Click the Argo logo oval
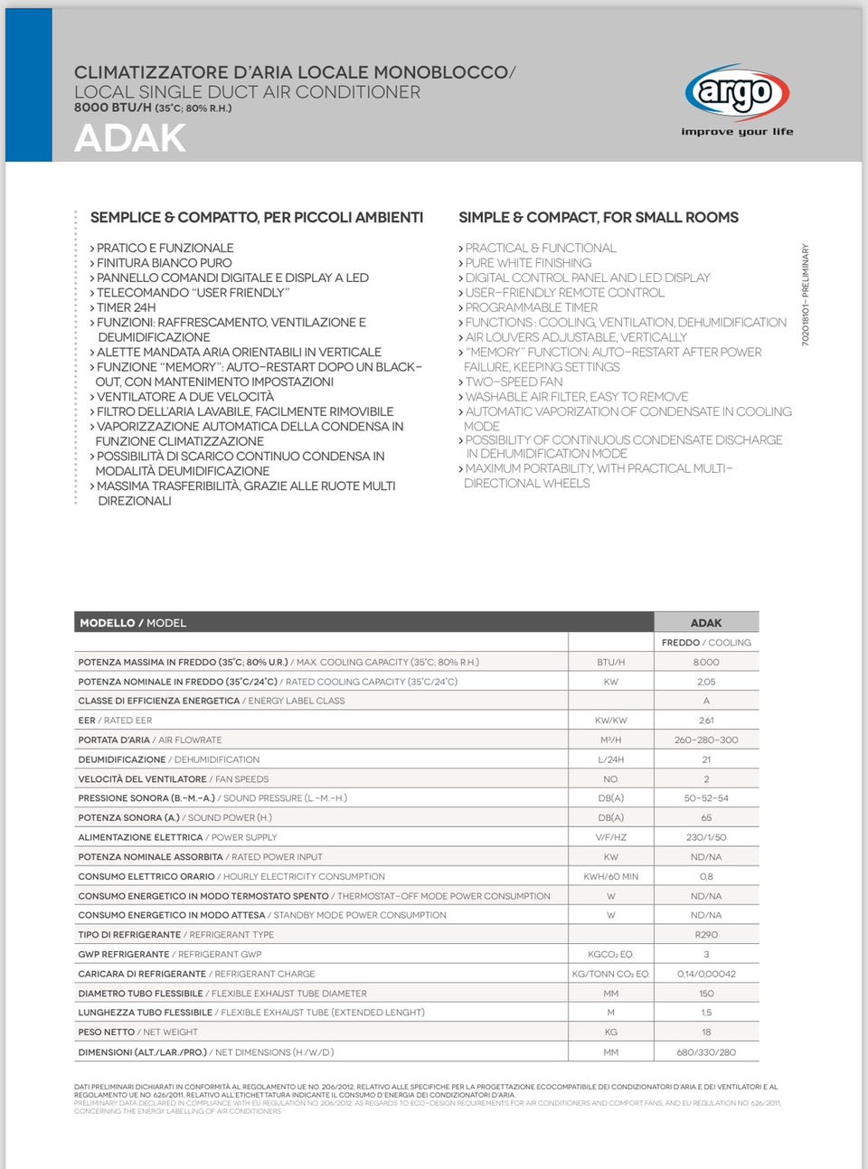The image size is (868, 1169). click(737, 93)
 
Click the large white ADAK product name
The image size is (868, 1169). click(130, 138)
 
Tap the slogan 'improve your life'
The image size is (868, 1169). click(737, 132)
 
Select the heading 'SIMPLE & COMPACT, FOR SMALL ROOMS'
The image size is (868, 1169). click(598, 217)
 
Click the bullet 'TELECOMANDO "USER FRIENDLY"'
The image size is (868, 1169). click(192, 292)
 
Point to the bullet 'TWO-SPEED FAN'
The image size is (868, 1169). click(513, 382)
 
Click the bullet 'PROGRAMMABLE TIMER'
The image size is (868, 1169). click(531, 307)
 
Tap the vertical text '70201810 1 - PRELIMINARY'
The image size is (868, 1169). click(806, 294)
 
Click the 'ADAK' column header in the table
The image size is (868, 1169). click(706, 623)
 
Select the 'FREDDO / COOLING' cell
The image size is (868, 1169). click(706, 643)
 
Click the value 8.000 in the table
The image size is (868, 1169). click(706, 663)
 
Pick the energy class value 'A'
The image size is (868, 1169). click(706, 701)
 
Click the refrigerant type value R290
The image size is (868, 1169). click(706, 935)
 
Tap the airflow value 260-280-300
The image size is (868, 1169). click(706, 740)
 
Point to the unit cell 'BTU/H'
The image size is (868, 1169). click(610, 663)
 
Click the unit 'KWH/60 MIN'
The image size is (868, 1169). click(610, 876)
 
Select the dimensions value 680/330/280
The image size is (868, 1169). click(706, 1052)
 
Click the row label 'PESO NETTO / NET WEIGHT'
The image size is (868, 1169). click(137, 1032)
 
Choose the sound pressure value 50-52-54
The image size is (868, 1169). click(706, 798)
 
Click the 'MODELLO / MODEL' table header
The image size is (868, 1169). click(133, 623)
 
